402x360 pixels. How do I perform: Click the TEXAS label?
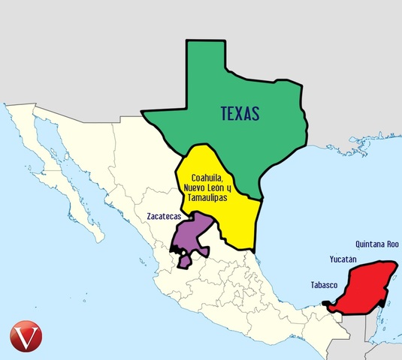pos(240,114)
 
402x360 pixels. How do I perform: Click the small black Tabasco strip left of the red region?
pos(328,302)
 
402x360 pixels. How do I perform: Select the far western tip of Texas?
pos(144,114)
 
